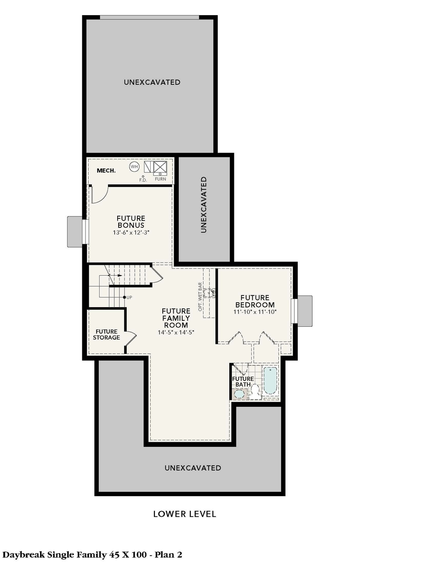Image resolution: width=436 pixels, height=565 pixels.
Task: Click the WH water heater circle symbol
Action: (x=134, y=167)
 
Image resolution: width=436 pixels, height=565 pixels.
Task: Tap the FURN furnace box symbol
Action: (x=160, y=168)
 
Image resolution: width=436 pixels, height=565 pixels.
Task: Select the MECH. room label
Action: (x=106, y=171)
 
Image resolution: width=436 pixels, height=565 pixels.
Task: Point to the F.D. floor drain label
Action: (x=143, y=180)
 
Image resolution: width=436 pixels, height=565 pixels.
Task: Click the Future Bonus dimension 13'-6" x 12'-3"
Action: (x=131, y=232)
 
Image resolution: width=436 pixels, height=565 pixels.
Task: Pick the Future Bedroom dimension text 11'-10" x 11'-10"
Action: (x=255, y=312)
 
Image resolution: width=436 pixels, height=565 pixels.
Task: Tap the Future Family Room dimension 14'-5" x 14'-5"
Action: (x=176, y=332)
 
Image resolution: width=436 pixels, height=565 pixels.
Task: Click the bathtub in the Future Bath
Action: (x=270, y=380)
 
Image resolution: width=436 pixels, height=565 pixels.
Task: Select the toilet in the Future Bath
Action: (x=255, y=391)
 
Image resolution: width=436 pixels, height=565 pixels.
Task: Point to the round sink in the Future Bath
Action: (x=239, y=394)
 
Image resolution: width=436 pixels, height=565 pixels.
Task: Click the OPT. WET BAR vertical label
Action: (x=200, y=297)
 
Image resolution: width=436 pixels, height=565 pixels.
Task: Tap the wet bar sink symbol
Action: (x=209, y=293)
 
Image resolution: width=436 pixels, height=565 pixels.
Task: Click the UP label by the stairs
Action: (x=129, y=297)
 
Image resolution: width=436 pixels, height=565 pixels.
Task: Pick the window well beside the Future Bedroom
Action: (x=305, y=311)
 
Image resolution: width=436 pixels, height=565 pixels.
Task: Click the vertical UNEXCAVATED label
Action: (x=204, y=205)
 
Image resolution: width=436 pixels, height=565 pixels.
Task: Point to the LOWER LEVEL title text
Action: (x=184, y=514)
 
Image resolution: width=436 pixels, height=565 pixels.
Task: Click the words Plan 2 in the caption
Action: (x=168, y=554)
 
